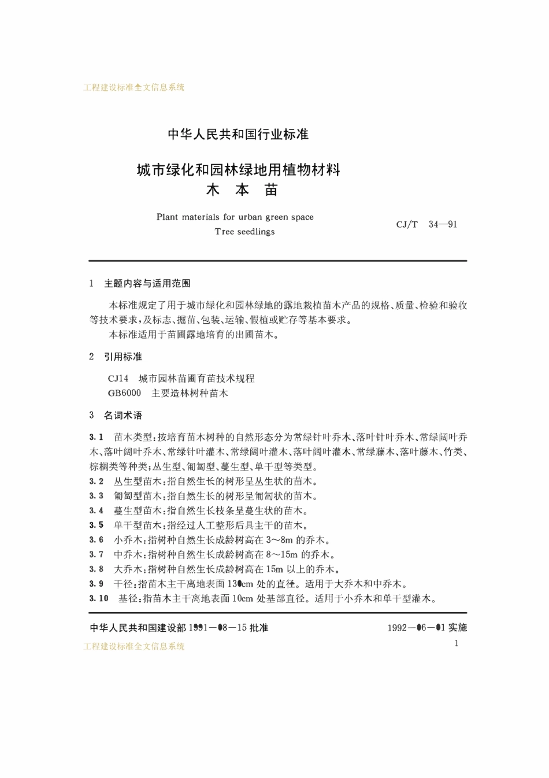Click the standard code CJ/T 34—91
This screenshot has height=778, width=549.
426,224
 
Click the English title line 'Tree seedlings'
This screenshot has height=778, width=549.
244,232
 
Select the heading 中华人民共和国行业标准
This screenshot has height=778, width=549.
238,135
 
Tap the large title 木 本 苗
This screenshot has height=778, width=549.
242,190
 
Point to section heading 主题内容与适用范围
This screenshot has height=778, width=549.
147,283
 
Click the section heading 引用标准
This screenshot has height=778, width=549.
123,357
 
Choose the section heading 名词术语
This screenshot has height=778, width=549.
123,415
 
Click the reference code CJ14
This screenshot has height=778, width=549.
118,379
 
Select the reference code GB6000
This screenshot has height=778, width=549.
124,393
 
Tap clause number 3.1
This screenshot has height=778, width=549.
96,437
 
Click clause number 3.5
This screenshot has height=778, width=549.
96,525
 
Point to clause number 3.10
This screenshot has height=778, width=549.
98,598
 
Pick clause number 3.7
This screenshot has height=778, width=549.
96,554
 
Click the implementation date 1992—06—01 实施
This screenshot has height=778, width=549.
426,627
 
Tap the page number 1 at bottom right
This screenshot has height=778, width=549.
457,643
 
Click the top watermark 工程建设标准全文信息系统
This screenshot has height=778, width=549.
134,87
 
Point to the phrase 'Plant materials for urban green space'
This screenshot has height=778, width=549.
235,217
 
